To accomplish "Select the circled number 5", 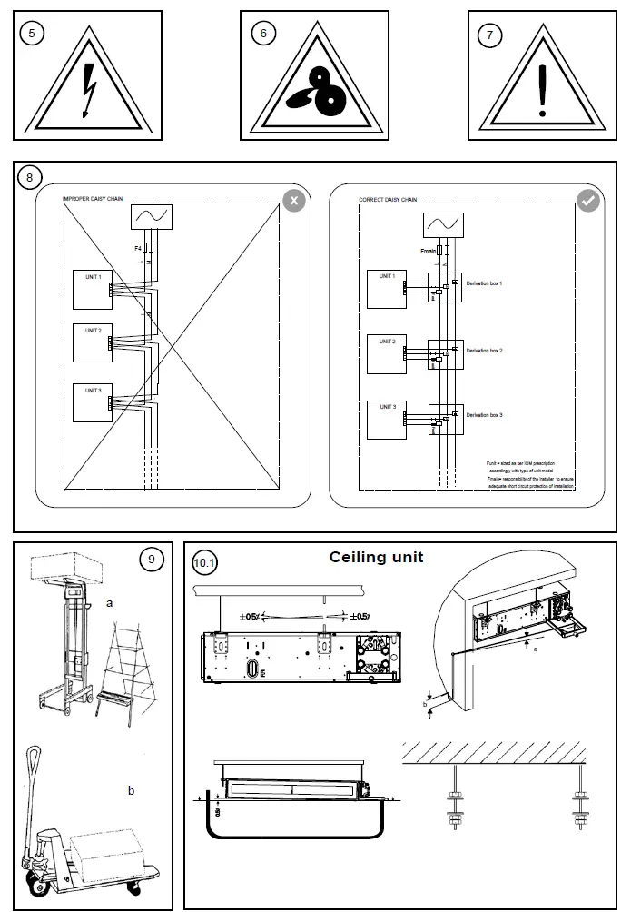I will tap(35, 33).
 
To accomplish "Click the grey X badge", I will tap(292, 201).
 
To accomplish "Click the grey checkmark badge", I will tap(588, 201).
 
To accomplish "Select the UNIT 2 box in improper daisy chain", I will tap(93, 342).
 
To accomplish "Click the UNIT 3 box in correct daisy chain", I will tap(386, 419).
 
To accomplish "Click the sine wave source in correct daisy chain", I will tap(442, 224).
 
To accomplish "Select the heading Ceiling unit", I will tap(376, 557).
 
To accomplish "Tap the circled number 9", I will tap(151, 560).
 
